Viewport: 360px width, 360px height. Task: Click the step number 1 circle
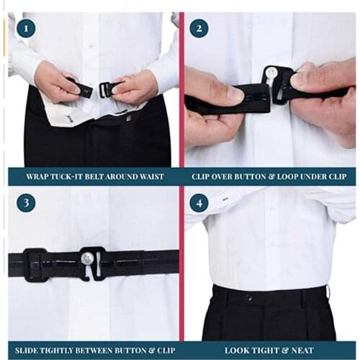(x=25, y=29)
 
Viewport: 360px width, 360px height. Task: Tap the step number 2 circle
(x=199, y=29)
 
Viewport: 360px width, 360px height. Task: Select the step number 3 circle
(x=25, y=203)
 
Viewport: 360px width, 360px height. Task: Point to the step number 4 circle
(x=199, y=203)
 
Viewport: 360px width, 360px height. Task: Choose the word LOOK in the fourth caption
(x=238, y=351)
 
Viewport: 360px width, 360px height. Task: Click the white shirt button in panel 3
(x=87, y=258)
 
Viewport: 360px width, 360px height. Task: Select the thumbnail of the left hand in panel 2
(x=231, y=93)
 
